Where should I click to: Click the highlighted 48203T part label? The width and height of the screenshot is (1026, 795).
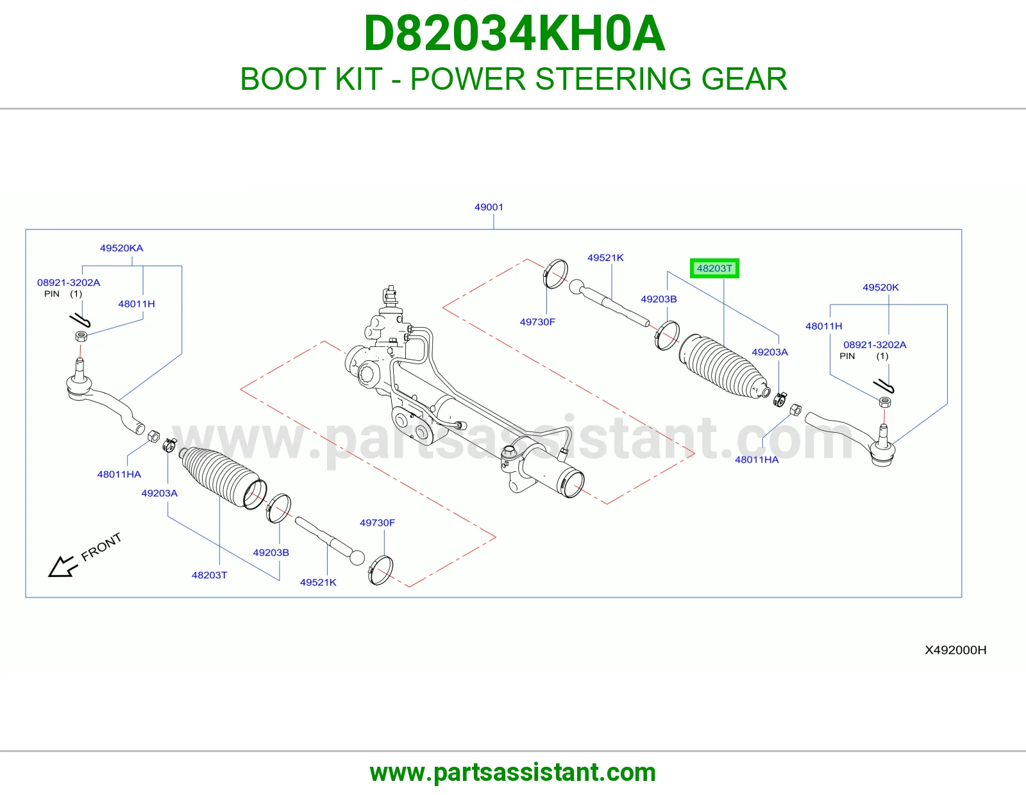pos(714,268)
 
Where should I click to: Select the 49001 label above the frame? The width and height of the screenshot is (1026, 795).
pos(489,207)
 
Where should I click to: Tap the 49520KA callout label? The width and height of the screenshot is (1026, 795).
pos(121,248)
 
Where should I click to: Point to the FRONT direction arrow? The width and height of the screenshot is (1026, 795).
pos(63,567)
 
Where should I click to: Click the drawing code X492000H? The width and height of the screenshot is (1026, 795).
pos(955,650)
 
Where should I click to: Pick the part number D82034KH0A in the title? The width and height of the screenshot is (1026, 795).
pos(514,33)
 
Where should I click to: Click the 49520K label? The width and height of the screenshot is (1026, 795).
pos(880,287)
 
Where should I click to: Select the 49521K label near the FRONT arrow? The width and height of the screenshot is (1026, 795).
pos(318,582)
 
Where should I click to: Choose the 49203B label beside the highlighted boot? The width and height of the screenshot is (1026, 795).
pos(659,299)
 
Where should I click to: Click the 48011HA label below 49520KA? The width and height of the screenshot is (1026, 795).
pos(119,474)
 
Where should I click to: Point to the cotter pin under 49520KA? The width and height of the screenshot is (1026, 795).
pos(80,321)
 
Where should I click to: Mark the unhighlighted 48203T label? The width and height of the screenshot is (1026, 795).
pos(209,575)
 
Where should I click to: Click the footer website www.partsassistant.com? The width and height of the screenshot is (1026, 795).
pos(513,773)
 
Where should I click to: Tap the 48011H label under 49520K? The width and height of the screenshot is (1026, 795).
pos(823,326)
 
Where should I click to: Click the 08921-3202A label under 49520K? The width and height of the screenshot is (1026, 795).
pos(875,345)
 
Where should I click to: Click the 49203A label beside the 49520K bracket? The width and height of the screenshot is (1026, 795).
pos(769,352)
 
